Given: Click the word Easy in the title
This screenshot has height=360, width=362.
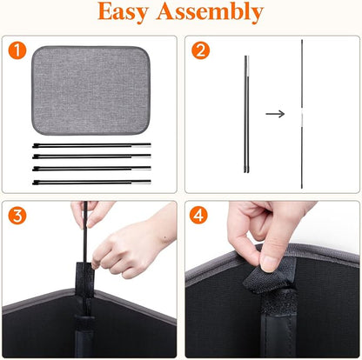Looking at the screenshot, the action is click(x=123, y=11).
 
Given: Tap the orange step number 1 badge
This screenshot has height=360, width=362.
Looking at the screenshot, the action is click(x=17, y=50).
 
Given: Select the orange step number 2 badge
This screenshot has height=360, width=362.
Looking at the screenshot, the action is click(x=200, y=50).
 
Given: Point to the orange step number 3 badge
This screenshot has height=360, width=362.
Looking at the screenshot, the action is click(x=17, y=216).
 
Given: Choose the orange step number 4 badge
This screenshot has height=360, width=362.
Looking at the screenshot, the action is click(x=198, y=216).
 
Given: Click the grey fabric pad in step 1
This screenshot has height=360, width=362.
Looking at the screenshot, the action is click(x=90, y=90).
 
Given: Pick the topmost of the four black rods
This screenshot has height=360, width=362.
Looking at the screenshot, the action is click(x=91, y=145).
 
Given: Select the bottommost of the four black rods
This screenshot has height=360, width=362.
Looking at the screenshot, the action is click(x=91, y=183).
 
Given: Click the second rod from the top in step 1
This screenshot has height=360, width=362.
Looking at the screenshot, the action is click(x=91, y=157).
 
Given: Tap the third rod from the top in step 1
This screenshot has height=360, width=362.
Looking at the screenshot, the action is click(x=91, y=169).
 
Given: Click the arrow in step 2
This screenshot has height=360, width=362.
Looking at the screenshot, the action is click(x=275, y=114).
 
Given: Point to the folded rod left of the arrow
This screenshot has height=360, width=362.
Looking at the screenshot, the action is click(x=246, y=115).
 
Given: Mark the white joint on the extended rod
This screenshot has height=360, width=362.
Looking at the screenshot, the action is click(x=302, y=115).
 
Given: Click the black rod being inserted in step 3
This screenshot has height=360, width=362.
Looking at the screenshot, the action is click(x=85, y=232).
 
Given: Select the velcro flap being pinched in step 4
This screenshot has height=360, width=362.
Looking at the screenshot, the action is click(x=265, y=277).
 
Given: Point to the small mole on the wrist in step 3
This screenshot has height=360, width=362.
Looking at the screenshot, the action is click(x=165, y=238).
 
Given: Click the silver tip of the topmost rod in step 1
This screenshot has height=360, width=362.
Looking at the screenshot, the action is click(x=144, y=145).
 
